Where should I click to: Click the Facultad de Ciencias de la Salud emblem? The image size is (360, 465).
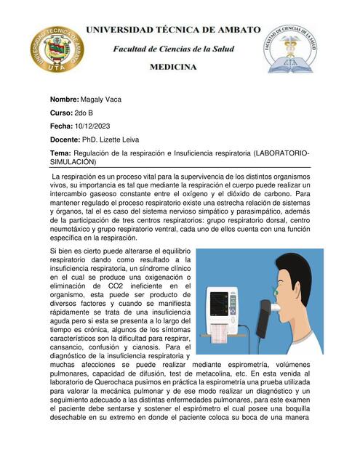(291, 49)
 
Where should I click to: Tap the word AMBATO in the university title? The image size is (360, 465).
(235, 29)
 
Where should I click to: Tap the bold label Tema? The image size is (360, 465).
(60, 154)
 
